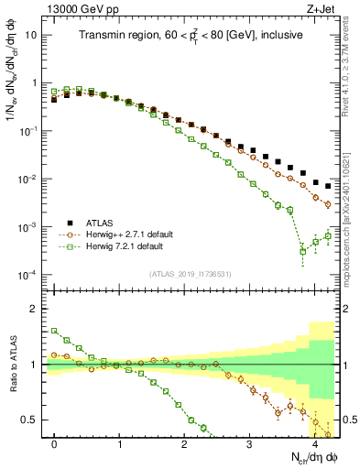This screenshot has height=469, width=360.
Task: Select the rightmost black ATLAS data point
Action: pyautogui.click(x=328, y=186)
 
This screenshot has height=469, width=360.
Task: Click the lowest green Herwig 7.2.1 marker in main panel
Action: pyautogui.click(x=303, y=251)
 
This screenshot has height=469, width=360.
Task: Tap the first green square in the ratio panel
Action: pyautogui.click(x=55, y=331)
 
